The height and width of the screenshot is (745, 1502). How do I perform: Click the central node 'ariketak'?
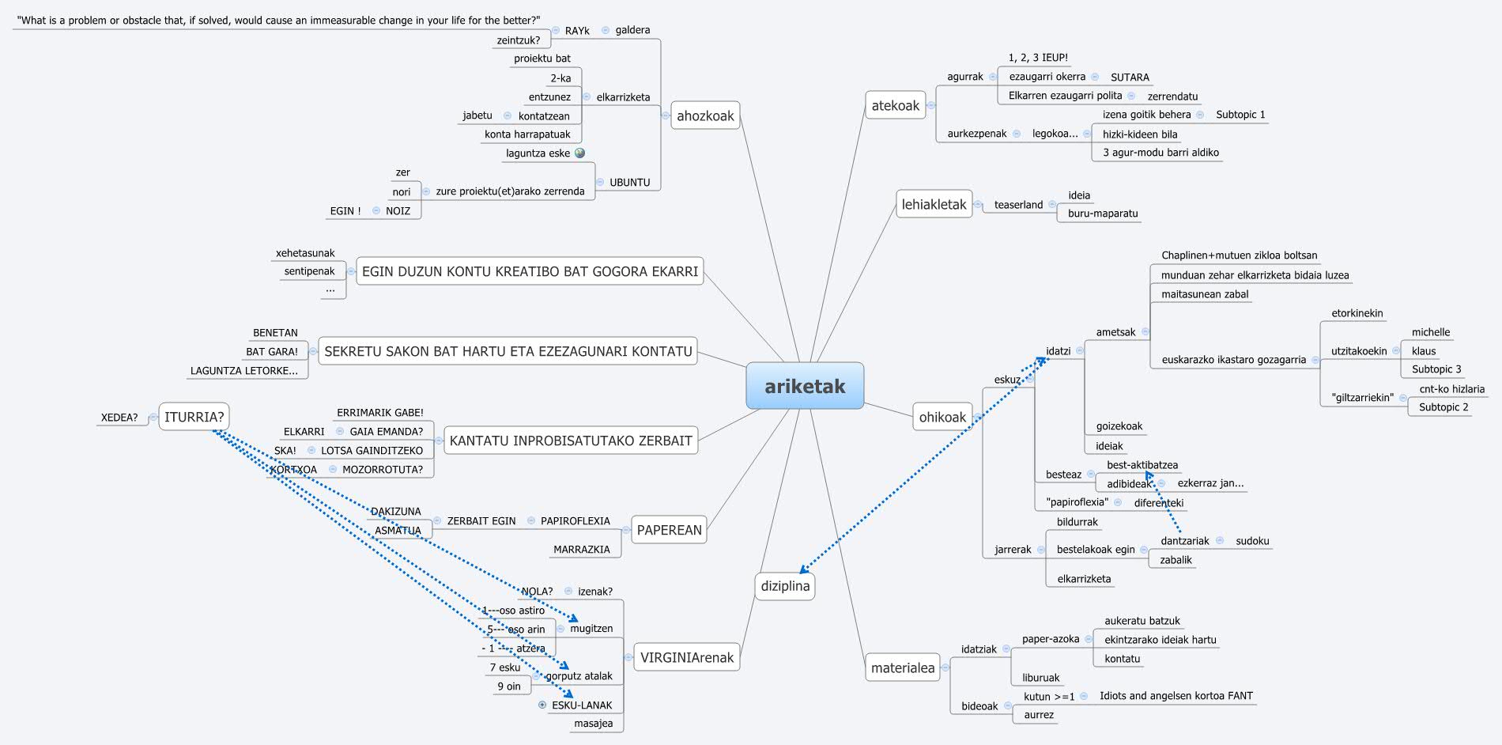pyautogui.click(x=805, y=386)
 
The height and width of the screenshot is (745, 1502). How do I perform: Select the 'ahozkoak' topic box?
pyautogui.click(x=705, y=115)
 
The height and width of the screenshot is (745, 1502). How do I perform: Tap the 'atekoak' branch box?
pyautogui.click(x=895, y=105)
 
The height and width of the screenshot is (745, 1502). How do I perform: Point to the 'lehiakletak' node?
pyautogui.click(x=934, y=204)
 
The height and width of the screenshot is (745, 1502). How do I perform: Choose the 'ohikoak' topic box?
pyautogui.click(x=942, y=417)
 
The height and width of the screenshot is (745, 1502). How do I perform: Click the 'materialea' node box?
pyautogui.click(x=902, y=667)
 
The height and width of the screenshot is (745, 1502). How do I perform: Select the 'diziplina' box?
pyautogui.click(x=785, y=586)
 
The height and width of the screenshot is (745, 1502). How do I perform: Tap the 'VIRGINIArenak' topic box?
pyautogui.click(x=686, y=657)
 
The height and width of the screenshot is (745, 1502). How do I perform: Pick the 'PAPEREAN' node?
pyautogui.click(x=669, y=530)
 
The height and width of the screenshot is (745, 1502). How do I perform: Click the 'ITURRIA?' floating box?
pyautogui.click(x=194, y=417)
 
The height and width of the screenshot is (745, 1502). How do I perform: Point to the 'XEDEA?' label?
pyautogui.click(x=119, y=418)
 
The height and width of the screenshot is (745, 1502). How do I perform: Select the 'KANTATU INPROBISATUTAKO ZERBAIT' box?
pyautogui.click(x=571, y=441)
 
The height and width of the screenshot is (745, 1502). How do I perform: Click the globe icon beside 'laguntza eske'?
pyautogui.click(x=580, y=153)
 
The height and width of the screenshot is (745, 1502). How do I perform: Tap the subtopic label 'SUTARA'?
pyautogui.click(x=1130, y=78)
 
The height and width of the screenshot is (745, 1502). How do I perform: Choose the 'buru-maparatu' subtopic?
pyautogui.click(x=1103, y=214)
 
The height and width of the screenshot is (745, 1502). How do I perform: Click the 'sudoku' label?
pyautogui.click(x=1252, y=541)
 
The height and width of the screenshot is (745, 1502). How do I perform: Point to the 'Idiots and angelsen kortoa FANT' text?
pyautogui.click(x=1176, y=696)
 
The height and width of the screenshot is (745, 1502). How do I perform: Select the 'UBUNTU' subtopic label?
pyautogui.click(x=629, y=183)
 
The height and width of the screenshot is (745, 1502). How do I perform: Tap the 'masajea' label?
pyautogui.click(x=593, y=724)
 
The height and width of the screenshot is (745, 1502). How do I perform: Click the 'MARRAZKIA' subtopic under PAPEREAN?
pyautogui.click(x=581, y=550)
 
